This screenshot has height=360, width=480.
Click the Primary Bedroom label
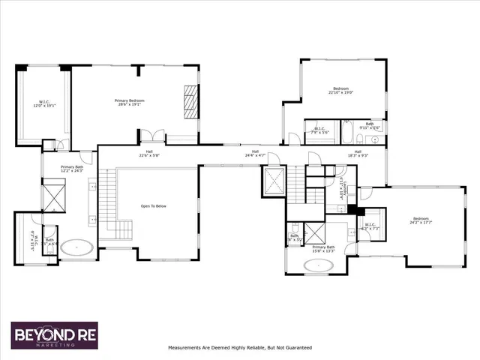129,102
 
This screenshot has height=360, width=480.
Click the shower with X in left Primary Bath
55,196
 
